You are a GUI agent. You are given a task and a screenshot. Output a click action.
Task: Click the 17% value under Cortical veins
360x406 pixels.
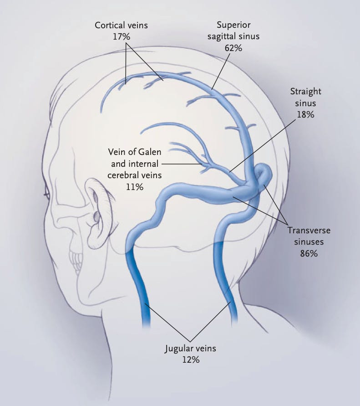(121, 36)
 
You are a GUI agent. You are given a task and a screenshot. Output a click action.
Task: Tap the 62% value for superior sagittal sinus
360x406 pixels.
(233, 47)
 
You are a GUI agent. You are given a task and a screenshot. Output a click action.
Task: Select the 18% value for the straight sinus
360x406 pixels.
(305, 114)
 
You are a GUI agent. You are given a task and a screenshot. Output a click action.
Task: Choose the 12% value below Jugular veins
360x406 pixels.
(190, 360)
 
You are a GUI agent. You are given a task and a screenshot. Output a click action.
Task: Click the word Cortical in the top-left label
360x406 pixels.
(110, 25)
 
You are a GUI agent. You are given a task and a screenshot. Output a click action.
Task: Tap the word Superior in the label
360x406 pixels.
(233, 25)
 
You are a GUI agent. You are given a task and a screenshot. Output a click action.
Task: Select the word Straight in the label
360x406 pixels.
(305, 92)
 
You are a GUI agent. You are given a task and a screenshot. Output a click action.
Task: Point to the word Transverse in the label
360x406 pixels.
(309, 231)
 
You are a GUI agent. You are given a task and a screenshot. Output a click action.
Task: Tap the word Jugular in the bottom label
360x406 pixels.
(179, 349)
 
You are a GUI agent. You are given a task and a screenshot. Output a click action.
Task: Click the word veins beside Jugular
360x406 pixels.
(205, 349)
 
